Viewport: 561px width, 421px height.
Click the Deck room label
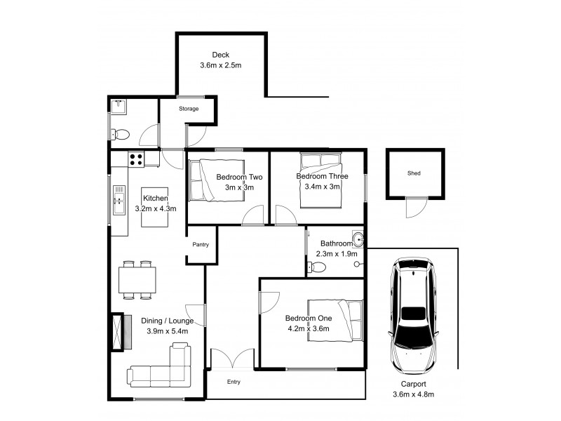coord(221,55)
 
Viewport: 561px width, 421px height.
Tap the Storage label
coord(189,109)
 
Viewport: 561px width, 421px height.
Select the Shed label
coord(414,173)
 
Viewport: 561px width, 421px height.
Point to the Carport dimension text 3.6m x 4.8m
coord(414,395)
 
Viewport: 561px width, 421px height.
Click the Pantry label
coord(202,245)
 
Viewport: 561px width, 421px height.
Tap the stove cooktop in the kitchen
coord(136,159)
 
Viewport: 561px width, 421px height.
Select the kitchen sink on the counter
coord(119,199)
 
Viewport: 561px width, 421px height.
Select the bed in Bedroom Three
coord(319,180)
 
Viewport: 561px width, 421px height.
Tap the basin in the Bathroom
coord(358,237)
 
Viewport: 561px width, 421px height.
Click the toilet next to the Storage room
coord(121,134)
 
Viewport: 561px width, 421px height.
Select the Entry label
coord(233,382)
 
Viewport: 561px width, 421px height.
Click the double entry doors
coord(232,359)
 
